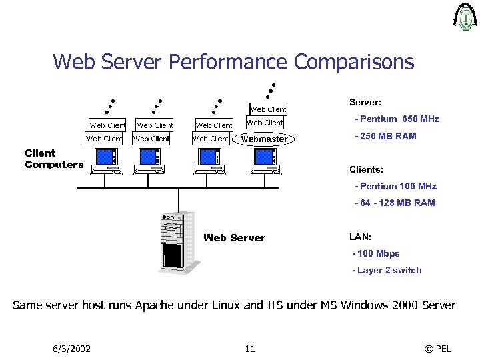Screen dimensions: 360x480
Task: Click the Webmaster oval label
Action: coord(264,139)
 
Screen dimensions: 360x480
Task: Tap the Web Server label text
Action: coord(234,238)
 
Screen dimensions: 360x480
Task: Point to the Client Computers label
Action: coord(53,159)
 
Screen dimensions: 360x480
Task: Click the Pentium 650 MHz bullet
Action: coord(398,119)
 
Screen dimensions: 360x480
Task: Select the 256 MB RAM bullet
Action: coord(387,136)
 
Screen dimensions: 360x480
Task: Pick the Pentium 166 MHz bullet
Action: coord(397,187)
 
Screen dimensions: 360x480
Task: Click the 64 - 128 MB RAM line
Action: coord(395,203)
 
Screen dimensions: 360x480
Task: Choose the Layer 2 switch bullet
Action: coord(387,270)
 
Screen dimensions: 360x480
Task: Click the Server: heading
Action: coord(365,103)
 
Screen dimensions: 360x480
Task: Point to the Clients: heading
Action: coord(367,169)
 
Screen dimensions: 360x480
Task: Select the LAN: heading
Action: coord(361,237)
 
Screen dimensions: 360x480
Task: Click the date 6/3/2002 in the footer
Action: coord(71,349)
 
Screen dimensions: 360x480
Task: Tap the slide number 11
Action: coord(250,349)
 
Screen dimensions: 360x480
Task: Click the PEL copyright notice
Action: coord(437,349)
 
